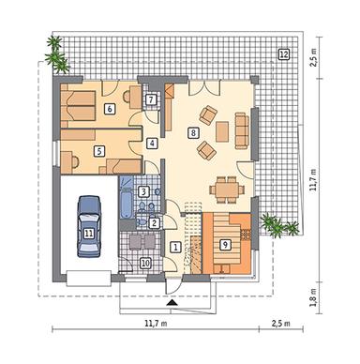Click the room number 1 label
click(x=175, y=248)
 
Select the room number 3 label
click(x=142, y=191)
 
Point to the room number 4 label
click(x=152, y=144)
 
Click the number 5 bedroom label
click(x=97, y=149)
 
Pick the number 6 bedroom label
click(x=110, y=109)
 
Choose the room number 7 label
click(x=151, y=99)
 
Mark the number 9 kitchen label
click(x=224, y=244)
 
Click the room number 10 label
click(x=145, y=263)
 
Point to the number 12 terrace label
click(x=282, y=55)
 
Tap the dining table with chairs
click(x=225, y=186)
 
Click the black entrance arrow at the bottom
click(x=171, y=304)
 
